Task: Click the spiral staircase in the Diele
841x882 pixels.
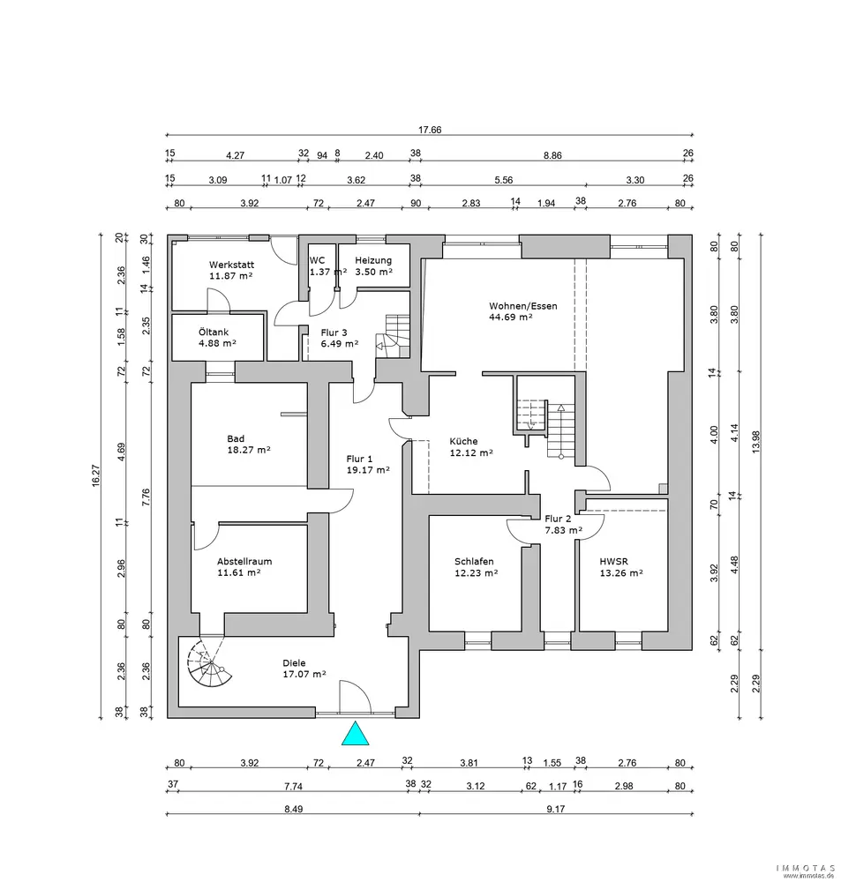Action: point(209,664)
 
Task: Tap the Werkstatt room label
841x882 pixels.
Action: point(231,265)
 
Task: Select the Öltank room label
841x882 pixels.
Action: point(214,332)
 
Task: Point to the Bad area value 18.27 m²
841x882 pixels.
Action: point(249,450)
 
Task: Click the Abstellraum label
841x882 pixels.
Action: point(244,561)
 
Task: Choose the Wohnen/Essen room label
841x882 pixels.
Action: point(523,306)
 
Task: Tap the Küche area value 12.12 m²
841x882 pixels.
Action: point(471,452)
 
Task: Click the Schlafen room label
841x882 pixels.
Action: point(474,561)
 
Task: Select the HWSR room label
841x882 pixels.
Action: point(613,561)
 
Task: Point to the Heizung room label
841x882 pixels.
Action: point(373,260)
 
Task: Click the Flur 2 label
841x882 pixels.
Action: point(558,519)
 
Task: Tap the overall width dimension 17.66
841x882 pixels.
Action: point(430,130)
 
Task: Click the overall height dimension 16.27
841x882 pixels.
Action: point(96,475)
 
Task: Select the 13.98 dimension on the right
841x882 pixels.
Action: point(756,443)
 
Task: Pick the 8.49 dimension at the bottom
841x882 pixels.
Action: point(293,809)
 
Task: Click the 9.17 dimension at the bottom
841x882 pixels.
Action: point(556,809)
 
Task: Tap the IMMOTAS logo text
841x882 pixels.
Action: point(806,869)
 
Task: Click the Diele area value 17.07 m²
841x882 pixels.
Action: point(304,674)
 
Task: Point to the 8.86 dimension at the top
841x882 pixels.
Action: point(552,155)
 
